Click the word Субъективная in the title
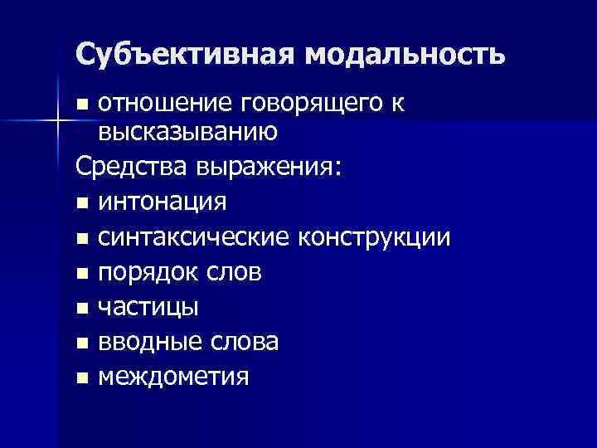[184, 54]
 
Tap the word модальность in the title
[404, 54]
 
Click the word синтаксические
[194, 237]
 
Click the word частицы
[148, 308]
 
